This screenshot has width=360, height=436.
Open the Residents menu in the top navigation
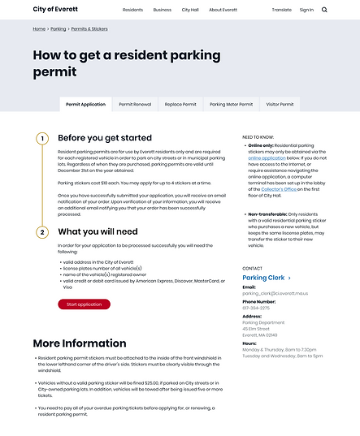click(x=132, y=10)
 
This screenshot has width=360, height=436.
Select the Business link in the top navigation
click(x=162, y=10)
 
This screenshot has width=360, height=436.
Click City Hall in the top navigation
click(x=190, y=10)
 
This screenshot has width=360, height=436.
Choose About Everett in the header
click(x=223, y=10)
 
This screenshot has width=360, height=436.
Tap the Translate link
click(x=281, y=10)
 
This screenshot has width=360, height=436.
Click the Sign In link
click(x=306, y=10)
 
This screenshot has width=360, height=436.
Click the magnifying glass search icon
click(x=325, y=10)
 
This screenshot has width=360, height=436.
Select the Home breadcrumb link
click(x=39, y=28)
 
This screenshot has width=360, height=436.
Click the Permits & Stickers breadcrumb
click(x=89, y=28)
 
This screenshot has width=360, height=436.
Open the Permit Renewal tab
click(x=135, y=105)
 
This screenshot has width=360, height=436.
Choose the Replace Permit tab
click(x=180, y=105)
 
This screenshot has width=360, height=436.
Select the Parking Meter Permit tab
click(x=231, y=105)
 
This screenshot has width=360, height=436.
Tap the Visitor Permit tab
click(x=280, y=105)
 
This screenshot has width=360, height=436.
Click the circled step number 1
click(x=43, y=138)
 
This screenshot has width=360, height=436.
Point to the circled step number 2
click(x=43, y=232)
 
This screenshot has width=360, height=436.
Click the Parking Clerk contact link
click(x=263, y=278)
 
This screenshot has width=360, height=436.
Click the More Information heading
click(x=80, y=343)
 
